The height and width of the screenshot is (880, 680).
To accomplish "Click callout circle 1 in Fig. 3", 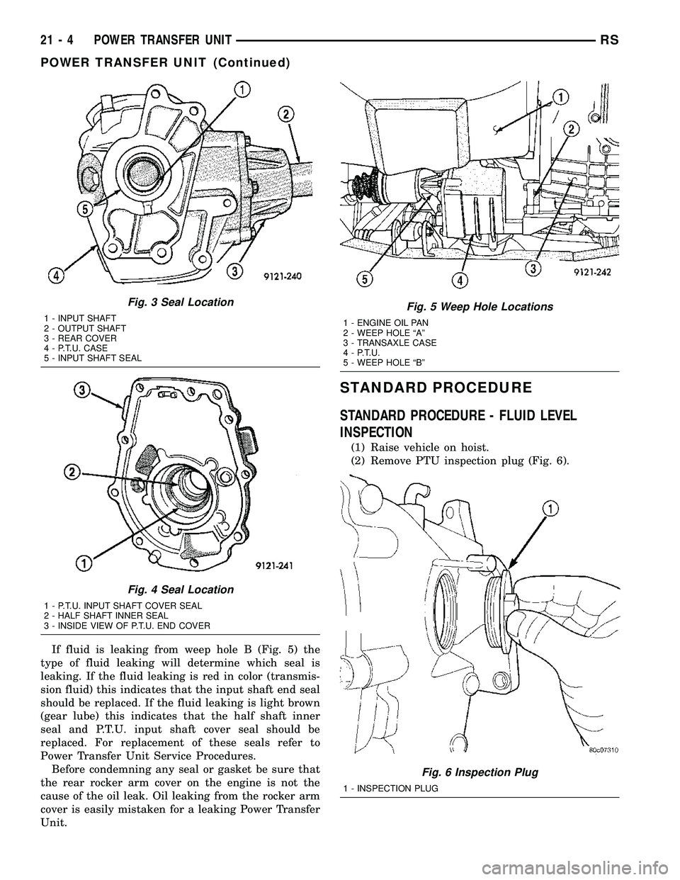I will pos(242,89).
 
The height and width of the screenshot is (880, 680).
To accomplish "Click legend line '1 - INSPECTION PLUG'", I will pos(389,788).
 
